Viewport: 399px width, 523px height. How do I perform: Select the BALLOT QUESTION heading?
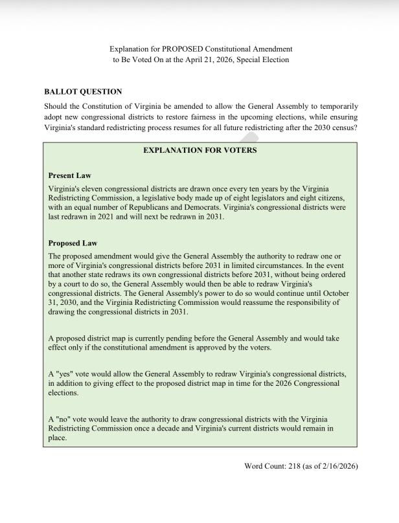(83, 92)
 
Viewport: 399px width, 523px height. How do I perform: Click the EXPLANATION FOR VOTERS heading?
(199, 150)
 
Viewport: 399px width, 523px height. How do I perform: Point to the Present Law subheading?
(69, 175)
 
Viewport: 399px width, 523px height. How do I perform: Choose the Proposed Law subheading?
(73, 243)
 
